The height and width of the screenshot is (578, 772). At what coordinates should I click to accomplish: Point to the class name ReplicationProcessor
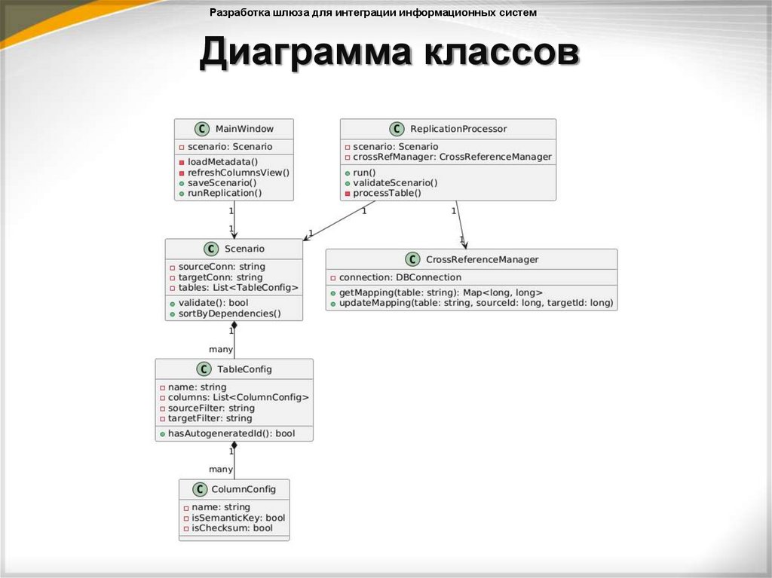[458, 129]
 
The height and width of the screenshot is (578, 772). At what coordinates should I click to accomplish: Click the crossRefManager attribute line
[448, 157]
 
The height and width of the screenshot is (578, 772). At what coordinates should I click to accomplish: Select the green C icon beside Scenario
[210, 249]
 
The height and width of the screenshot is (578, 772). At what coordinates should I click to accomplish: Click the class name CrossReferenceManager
[482, 259]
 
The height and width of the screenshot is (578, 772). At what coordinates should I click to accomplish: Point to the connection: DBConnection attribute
[395, 277]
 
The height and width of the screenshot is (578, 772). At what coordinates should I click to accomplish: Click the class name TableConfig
[244, 369]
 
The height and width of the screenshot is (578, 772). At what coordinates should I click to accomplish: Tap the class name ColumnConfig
[244, 489]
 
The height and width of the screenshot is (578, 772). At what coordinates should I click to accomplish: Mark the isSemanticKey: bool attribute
[234, 518]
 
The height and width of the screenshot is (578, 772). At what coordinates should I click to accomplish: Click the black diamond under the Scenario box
[234, 326]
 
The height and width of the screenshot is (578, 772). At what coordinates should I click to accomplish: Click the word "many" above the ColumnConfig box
[221, 469]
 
